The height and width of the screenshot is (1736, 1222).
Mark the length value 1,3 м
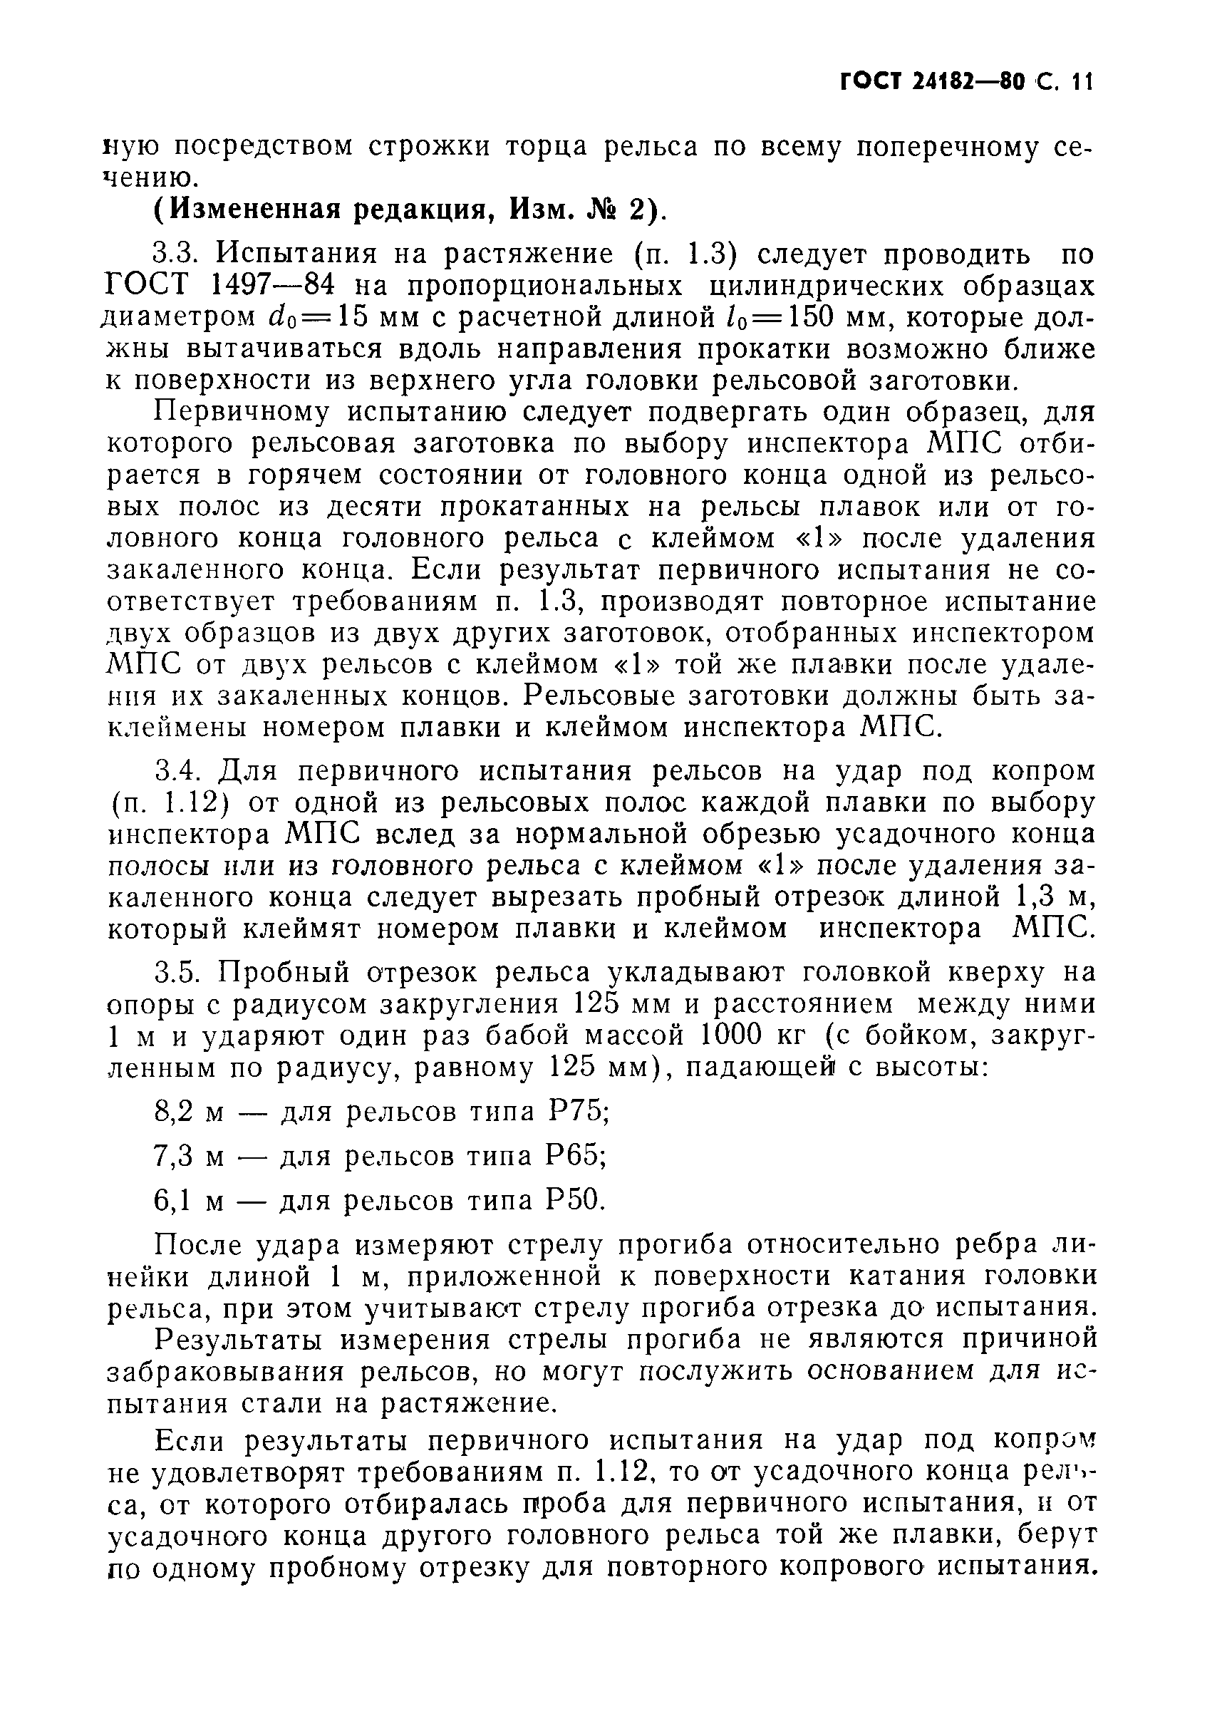tap(1051, 897)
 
